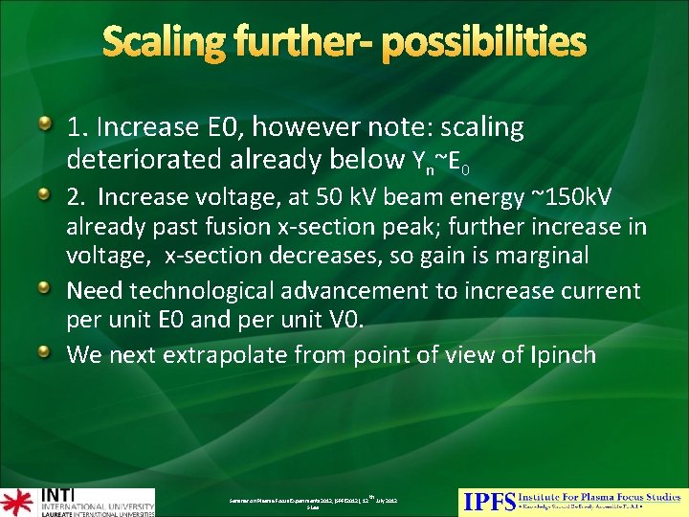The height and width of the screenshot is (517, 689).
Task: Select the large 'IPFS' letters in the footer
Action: click(489, 502)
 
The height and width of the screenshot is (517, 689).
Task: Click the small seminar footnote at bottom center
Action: click(312, 502)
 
